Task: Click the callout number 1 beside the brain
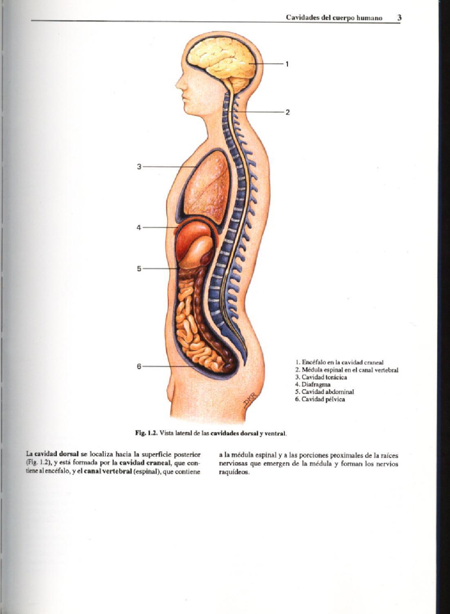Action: (287, 64)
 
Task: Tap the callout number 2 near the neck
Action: (288, 112)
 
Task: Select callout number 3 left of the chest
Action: (139, 167)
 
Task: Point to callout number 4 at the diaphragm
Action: (139, 228)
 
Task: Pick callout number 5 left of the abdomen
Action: (139, 269)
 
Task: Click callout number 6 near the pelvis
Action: (139, 366)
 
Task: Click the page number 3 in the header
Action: (399, 18)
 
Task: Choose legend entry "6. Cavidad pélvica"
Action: (320, 399)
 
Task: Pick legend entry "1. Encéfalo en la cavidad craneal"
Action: (339, 362)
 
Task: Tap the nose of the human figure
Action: (178, 86)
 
